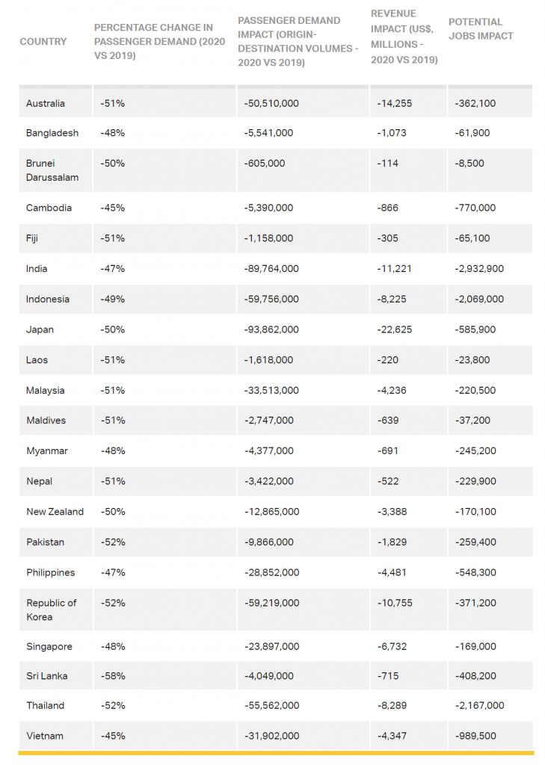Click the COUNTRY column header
43,42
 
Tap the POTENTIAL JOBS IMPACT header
481,29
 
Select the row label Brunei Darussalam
52,170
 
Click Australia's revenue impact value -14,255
394,103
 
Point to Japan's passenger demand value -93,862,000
271,329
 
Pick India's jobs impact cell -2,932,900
479,269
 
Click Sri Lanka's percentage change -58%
113,676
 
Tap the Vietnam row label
45,736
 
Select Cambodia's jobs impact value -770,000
475,208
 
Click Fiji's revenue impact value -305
387,238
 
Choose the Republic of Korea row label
52,610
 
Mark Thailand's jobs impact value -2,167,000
479,705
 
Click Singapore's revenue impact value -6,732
392,646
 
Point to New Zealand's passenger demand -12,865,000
272,512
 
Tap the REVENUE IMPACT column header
404,37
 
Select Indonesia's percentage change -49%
113,300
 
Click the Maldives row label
46,421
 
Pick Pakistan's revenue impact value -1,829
392,542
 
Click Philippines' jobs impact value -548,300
475,573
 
